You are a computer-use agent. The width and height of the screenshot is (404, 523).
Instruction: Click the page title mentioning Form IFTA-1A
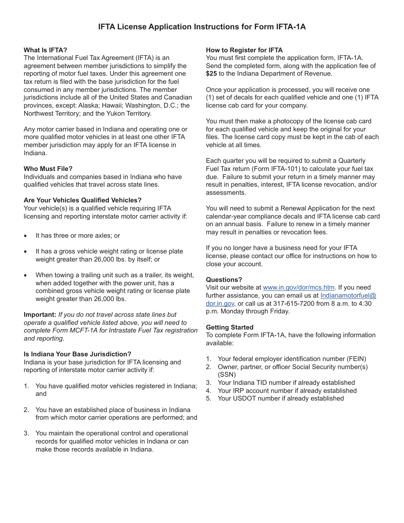click(202, 27)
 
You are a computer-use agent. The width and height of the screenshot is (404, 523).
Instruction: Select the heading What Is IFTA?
click(46, 50)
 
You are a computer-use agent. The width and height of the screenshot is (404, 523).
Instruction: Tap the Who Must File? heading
click(48, 169)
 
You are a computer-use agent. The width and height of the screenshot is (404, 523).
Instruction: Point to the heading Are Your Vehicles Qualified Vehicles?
click(83, 200)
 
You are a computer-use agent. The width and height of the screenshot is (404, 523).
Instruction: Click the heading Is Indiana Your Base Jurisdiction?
click(77, 354)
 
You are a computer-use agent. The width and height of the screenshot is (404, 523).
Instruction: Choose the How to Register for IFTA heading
click(244, 50)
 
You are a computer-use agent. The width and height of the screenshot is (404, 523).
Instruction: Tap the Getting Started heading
click(230, 327)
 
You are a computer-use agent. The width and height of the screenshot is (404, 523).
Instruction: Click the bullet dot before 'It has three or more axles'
click(26, 236)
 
